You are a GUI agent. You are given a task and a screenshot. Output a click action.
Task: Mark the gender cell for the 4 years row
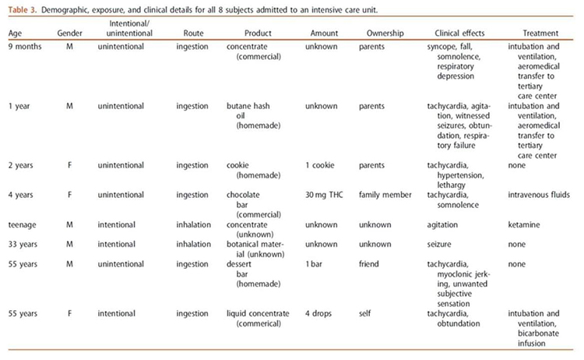[x=69, y=193]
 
